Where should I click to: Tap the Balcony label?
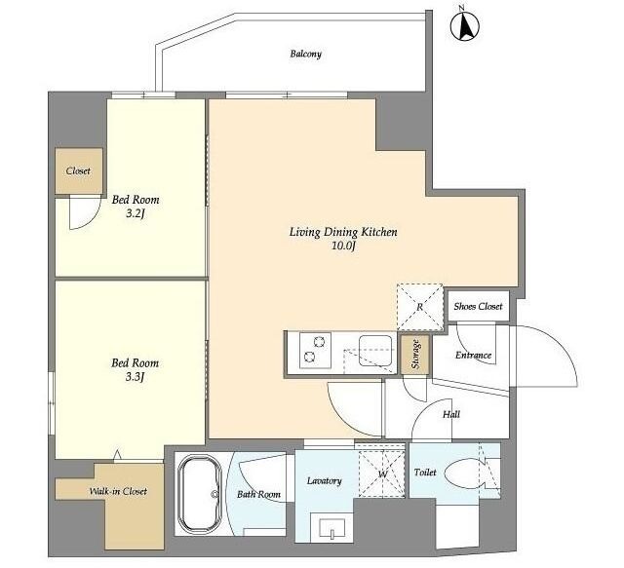pos(305,54)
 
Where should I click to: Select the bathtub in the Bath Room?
pos(199,494)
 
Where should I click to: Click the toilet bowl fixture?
pos(463,473)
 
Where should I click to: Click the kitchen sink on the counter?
pos(375,351)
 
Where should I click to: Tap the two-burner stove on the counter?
pos(315,350)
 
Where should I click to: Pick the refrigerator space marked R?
pos(420,307)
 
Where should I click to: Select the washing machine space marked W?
pos(382,473)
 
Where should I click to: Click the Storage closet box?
pos(415,355)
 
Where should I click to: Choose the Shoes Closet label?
pos(478,306)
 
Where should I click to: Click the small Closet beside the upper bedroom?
pos(79,171)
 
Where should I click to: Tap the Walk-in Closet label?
pos(118,491)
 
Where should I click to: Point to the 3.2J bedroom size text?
pos(136,214)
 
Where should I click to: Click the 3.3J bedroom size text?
pos(135,376)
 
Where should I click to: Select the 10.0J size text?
pos(343,246)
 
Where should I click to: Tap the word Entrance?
pos(473,356)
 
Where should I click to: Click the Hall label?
pos(451,414)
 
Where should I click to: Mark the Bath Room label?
pos(258,494)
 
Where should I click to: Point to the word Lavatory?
pos(325,481)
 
